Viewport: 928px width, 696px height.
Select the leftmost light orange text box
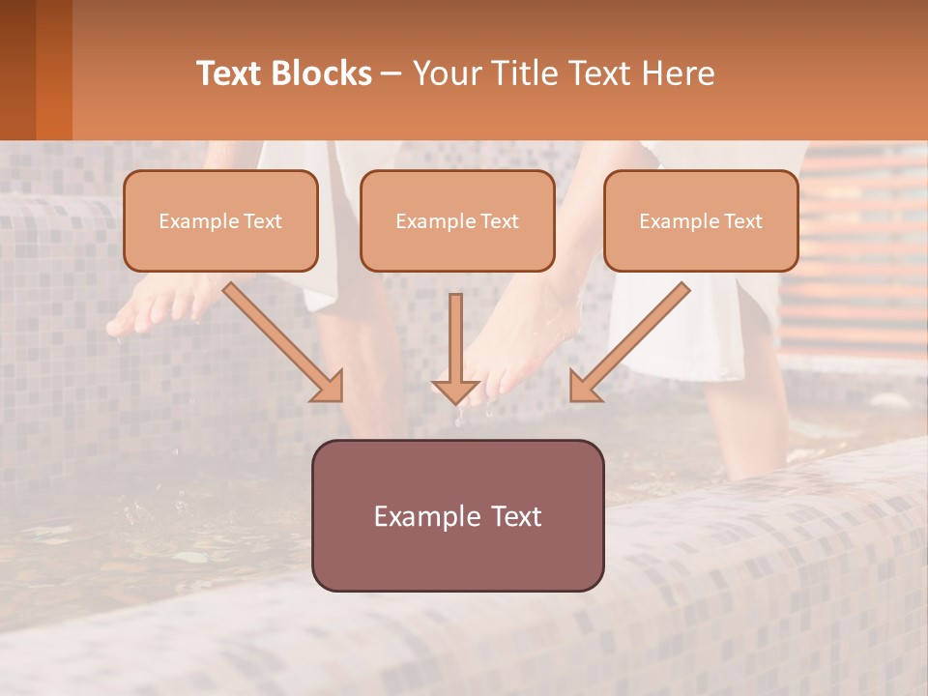[x=220, y=220]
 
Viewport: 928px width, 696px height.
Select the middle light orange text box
[x=457, y=220]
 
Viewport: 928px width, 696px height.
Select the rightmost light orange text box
[x=701, y=220]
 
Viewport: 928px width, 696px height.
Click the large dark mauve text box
[x=457, y=515]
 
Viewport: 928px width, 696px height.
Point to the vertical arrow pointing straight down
[x=455, y=348]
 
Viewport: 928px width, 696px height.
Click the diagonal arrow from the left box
[x=284, y=342]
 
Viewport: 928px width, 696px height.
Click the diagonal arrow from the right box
[x=629, y=342]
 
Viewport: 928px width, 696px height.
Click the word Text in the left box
[x=263, y=221]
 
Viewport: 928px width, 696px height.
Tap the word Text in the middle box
[x=500, y=221]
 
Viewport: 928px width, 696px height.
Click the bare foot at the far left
[x=155, y=304]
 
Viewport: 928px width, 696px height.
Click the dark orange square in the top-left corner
[x=36, y=70]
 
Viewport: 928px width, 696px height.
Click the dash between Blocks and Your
[x=391, y=74]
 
